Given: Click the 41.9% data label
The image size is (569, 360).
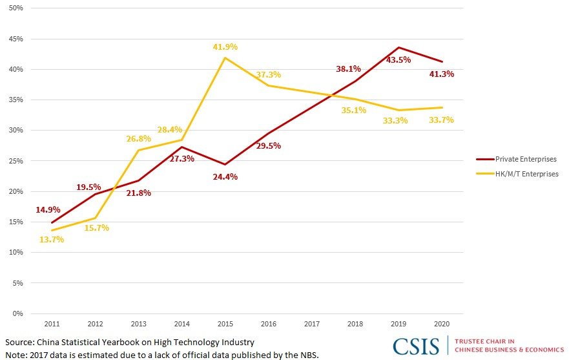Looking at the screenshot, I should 225,47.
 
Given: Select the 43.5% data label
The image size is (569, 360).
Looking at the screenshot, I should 399,59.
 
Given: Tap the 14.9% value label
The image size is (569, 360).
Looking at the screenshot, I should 49,209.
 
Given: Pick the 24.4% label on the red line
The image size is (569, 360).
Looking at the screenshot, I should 225,176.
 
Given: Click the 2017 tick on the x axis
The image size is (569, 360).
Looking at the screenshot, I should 312,323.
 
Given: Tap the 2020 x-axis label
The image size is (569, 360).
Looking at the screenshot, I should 442,323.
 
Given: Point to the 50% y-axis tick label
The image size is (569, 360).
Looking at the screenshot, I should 15,8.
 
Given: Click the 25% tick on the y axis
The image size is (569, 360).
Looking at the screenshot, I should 15,161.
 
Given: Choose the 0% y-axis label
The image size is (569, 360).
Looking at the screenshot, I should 17,313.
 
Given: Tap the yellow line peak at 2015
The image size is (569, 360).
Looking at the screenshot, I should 225,58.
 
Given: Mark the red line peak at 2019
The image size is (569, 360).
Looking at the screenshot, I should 399,47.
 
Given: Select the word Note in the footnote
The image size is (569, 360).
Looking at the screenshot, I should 16,354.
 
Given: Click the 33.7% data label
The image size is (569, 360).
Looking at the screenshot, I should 441,120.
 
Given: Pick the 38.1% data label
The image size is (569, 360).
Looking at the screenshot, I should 348,69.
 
